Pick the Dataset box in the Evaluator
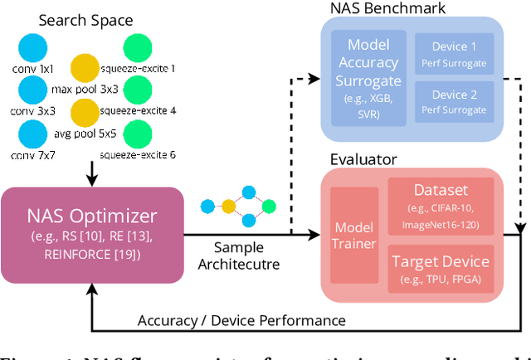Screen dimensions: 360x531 [440, 207]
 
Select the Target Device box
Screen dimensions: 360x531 [440, 268]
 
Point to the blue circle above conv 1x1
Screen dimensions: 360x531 [33, 49]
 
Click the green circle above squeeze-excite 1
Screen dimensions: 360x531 [138, 48]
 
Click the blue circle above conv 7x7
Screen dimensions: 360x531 [33, 134]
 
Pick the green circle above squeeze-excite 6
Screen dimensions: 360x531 [138, 134]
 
